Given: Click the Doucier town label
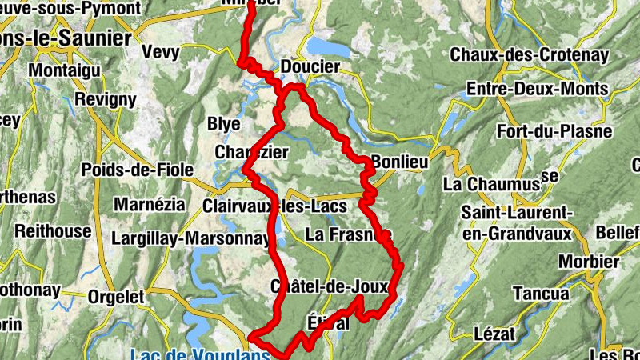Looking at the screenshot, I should pos(310,66).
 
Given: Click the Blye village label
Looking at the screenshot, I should pos(223,124).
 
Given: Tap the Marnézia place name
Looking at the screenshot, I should pos(144,204).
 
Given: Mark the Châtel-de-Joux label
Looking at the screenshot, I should pos(330,286).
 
